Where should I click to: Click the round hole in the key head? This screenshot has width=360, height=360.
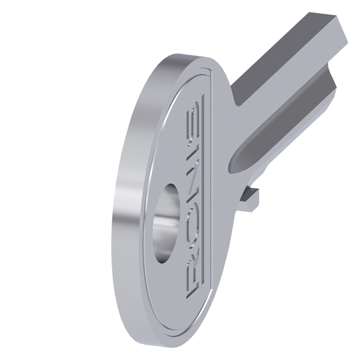pos(166,223)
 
